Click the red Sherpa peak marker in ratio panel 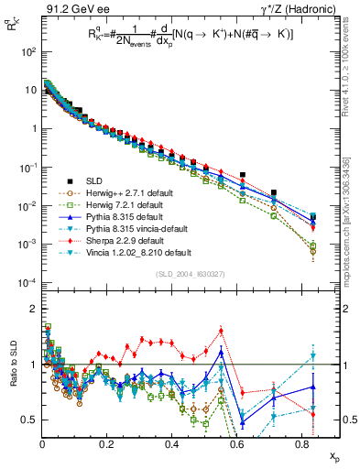221,332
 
